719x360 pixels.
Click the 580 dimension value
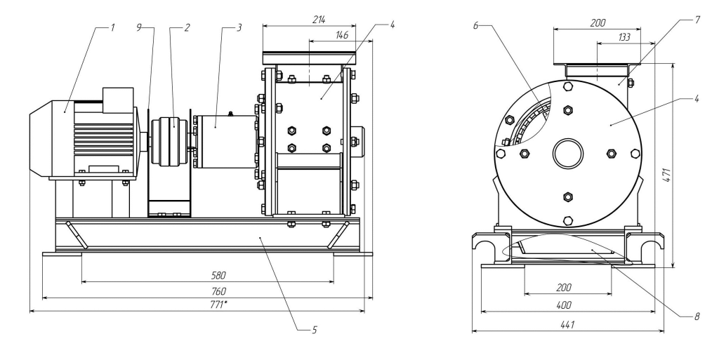[x=207, y=276]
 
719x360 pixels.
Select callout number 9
[x=139, y=27]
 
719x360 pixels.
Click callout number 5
[x=315, y=328]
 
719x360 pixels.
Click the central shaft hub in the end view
[x=567, y=153]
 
